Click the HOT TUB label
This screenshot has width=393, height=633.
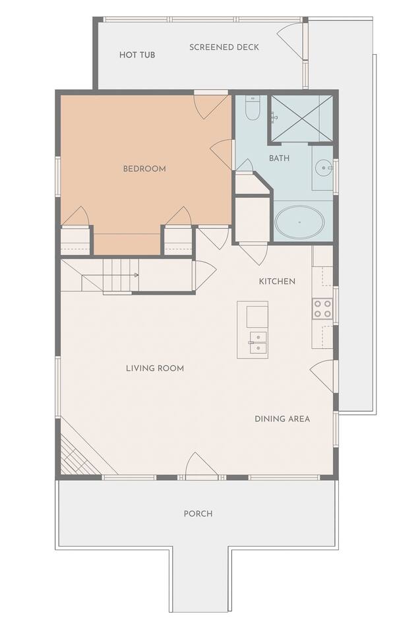[137, 55]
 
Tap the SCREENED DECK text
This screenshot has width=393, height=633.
[224, 47]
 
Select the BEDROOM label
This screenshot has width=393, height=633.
[144, 169]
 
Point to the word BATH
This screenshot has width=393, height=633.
[279, 158]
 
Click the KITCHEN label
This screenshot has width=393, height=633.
[277, 282]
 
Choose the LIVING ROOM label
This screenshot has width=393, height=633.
[155, 368]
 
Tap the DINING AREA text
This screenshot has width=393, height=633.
[282, 419]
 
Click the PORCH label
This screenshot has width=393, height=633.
[198, 514]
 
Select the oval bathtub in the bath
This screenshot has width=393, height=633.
[299, 222]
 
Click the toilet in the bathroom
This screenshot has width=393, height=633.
[253, 107]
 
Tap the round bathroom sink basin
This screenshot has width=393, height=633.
[324, 166]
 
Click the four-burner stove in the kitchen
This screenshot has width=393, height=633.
[322, 309]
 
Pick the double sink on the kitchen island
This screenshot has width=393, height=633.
[257, 343]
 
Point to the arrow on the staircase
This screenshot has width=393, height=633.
[135, 276]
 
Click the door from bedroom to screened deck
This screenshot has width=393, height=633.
[212, 105]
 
